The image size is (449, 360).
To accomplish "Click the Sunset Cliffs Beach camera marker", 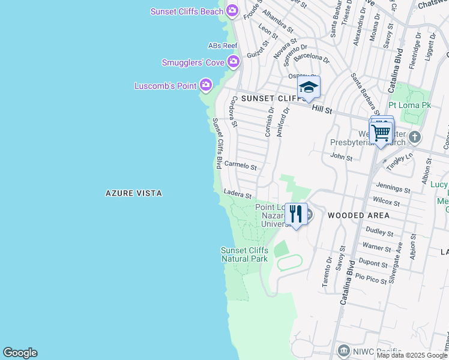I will pos(233,11).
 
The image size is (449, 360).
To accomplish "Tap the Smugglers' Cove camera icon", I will pos(233,62).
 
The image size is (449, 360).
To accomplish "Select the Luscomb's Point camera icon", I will pos(206,85).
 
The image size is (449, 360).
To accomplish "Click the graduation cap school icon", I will pos(309,88).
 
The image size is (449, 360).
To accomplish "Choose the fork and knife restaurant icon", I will pos(296,214).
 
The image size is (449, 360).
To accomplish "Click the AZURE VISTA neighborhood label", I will pos(134,193).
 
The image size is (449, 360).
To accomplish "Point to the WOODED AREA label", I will pos(358,215).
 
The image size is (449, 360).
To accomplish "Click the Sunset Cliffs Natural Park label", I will pos(244,254).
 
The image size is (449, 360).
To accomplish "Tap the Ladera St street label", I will pos(237,194).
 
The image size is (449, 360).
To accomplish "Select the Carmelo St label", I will pos(240,166).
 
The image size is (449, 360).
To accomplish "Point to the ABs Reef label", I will pos(223,46).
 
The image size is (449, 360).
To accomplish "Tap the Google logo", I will pos(20,353).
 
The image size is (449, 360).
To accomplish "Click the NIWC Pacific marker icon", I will pos(343,350).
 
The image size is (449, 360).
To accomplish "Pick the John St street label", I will pos(341,157).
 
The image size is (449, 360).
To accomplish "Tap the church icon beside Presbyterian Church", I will pos(414,139).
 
